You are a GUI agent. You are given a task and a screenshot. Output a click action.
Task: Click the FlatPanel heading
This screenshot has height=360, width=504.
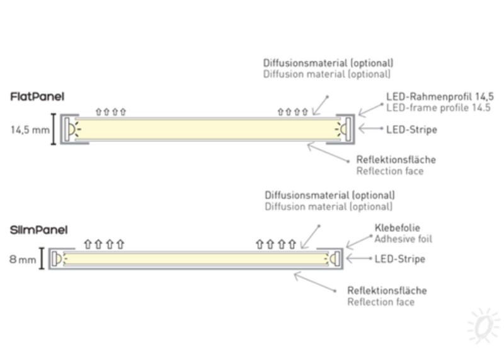pos(37,96)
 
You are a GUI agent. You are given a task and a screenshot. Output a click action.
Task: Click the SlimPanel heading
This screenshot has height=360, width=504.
pos(38,230)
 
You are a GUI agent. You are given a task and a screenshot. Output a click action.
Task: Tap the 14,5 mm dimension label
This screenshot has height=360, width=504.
pos(29,131)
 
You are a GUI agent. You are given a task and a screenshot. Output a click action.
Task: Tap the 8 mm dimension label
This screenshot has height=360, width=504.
pos(23,259)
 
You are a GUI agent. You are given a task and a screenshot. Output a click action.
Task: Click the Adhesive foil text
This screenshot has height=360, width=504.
pos(403,239)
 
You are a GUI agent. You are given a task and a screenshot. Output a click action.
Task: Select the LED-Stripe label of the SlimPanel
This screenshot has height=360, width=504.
pos(399,259)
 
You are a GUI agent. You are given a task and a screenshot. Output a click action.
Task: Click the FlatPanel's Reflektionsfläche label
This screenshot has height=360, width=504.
pos(396,160)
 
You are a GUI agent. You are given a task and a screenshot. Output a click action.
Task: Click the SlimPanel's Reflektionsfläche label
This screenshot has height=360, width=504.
pos(387,291)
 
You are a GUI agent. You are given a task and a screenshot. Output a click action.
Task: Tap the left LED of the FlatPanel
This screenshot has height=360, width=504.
pos(73,129)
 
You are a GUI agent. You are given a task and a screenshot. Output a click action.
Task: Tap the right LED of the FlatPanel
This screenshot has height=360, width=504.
pos(344,129)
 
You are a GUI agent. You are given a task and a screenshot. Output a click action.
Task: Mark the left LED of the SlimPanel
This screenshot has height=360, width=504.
pos(57,258)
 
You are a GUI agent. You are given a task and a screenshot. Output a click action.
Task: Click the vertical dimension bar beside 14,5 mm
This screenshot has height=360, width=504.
pos(54,129)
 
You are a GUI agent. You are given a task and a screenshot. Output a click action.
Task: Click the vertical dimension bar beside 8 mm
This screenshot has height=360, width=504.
pos(42,258)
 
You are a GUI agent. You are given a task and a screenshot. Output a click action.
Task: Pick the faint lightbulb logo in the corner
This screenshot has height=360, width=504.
pos(483,325)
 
